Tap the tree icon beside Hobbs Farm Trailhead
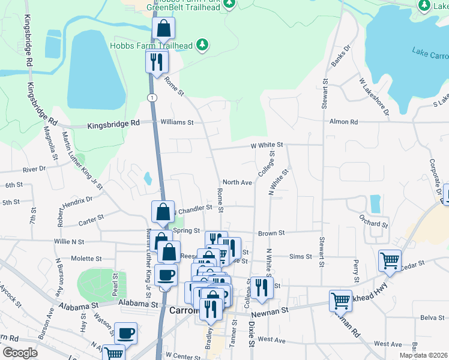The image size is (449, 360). (203, 44)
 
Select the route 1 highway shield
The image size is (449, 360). (153, 97)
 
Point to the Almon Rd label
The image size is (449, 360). (343, 122)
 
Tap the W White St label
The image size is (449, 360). (267, 145)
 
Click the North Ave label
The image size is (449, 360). (237, 182)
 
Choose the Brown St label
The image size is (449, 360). (271, 232)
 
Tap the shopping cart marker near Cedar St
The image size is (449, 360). (390, 261)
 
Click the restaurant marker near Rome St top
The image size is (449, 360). (157, 61)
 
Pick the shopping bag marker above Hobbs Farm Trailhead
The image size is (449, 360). (163, 28)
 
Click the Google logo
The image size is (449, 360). (20, 353)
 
